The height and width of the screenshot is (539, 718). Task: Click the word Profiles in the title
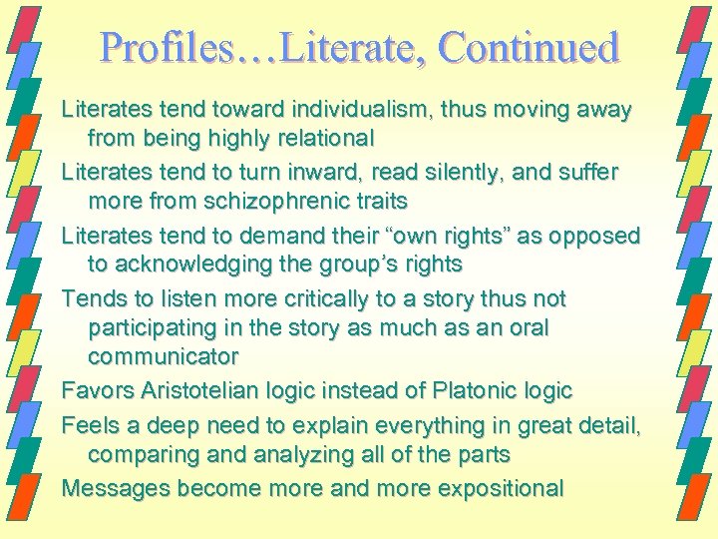168,47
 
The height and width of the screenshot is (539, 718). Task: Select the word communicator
164,355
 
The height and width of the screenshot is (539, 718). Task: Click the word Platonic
473,390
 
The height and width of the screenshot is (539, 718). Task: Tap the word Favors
94,390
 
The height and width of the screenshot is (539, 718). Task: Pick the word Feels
88,426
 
